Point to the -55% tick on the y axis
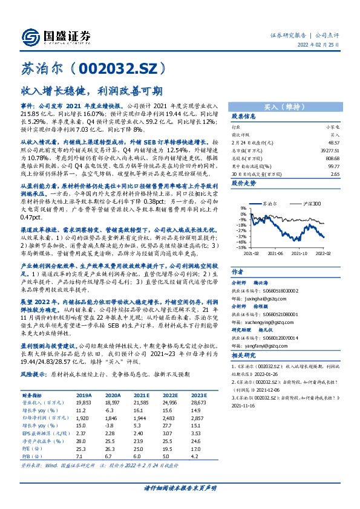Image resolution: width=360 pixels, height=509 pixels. (x=240, y=247)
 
